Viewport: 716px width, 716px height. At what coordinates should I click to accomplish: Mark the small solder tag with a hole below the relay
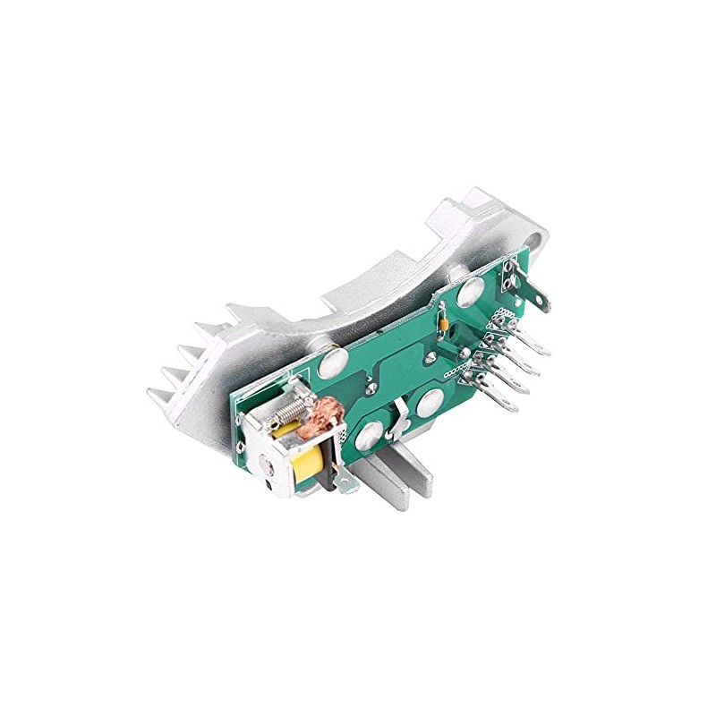pyautogui.click(x=346, y=483)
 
